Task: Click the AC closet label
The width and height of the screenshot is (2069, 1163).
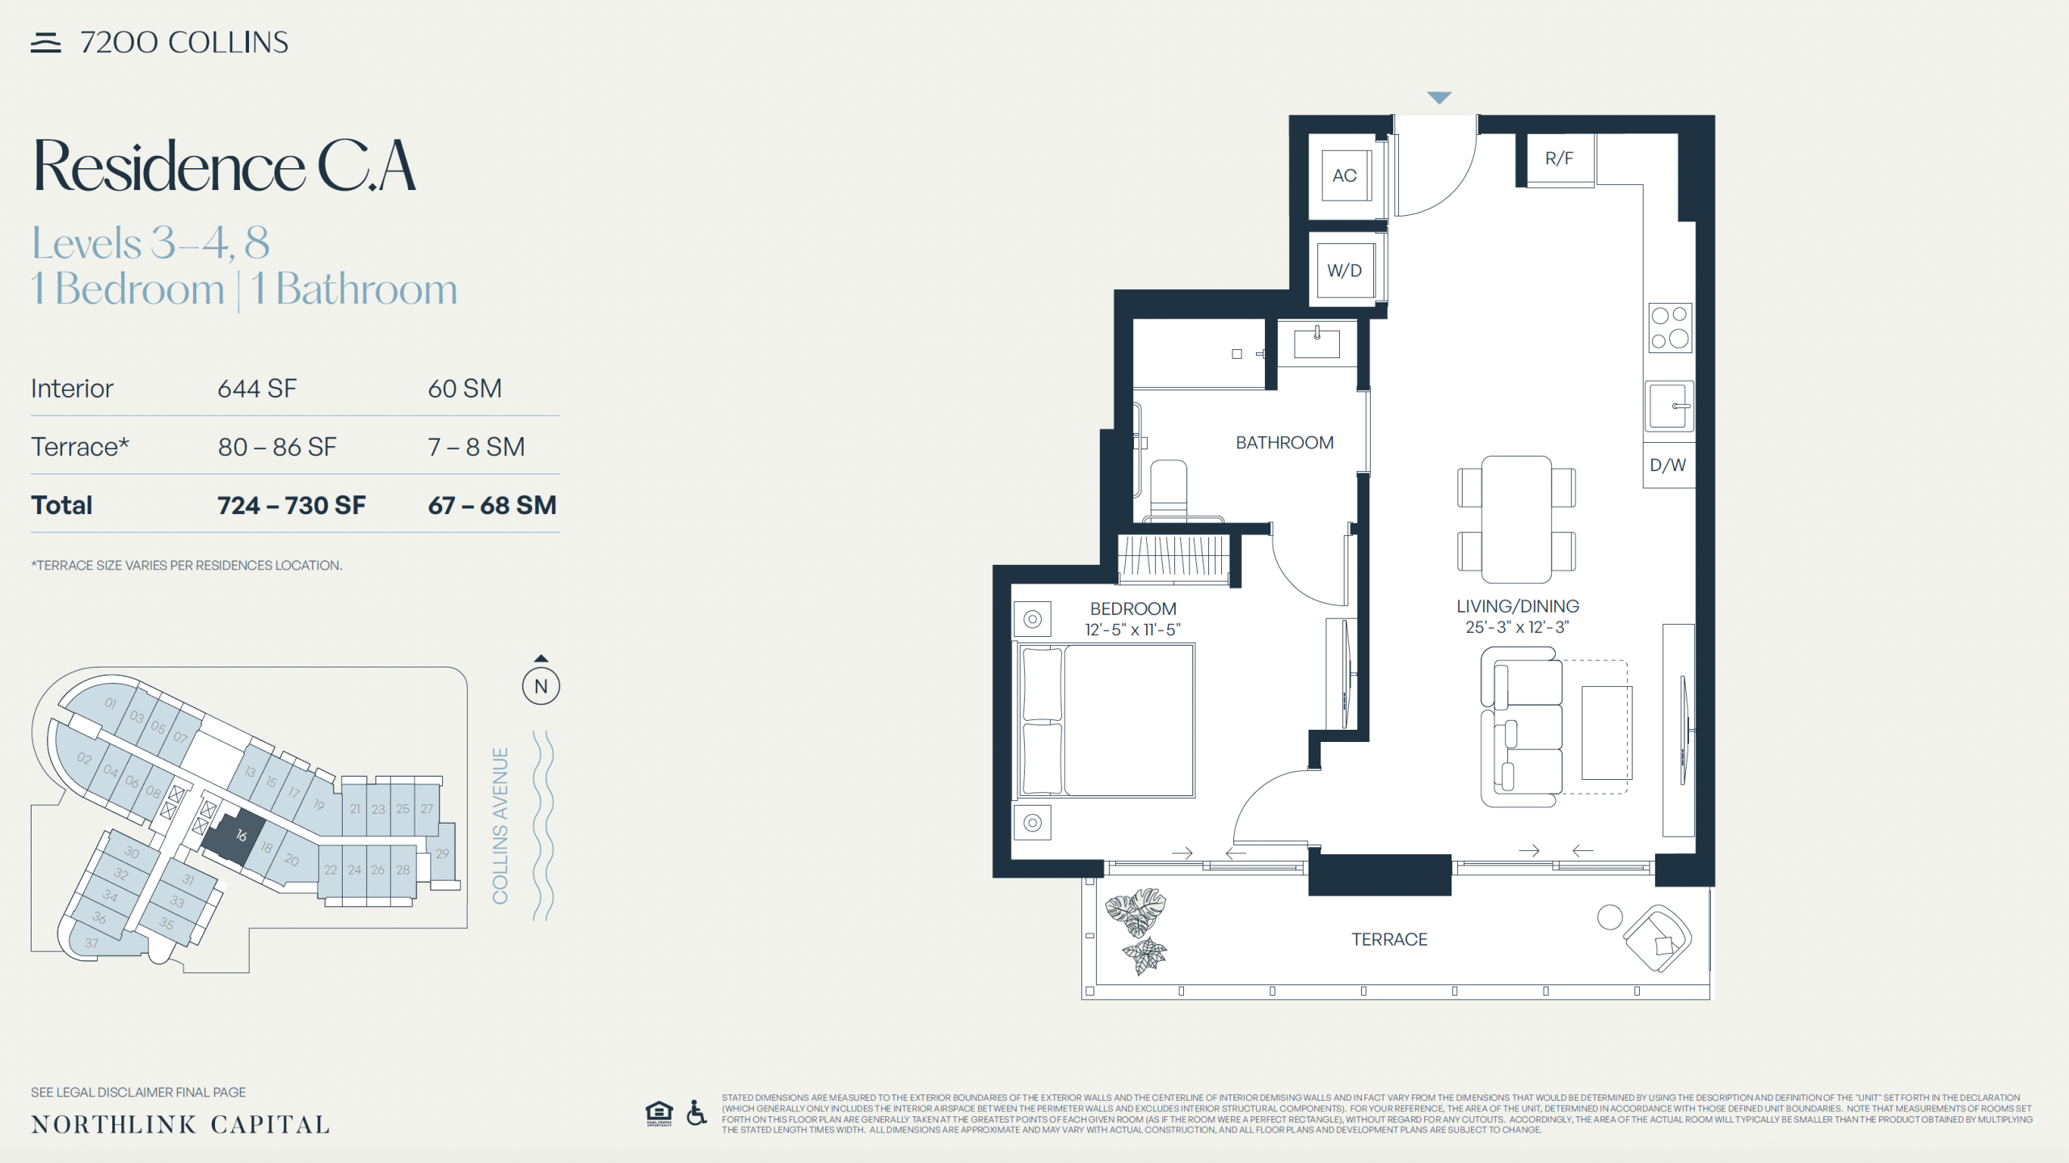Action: click(x=1344, y=175)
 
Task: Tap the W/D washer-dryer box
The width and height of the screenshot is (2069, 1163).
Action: click(x=1345, y=271)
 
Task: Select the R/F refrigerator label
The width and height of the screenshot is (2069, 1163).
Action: click(x=1559, y=158)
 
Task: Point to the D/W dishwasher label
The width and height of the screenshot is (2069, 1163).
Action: click(x=1667, y=466)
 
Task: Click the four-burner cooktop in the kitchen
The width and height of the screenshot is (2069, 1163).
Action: click(x=1670, y=327)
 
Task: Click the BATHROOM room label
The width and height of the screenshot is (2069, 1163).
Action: click(x=1284, y=443)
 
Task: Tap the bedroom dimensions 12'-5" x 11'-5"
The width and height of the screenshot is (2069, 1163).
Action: click(x=1132, y=630)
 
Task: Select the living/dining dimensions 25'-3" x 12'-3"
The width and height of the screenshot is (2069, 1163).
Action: click(x=1517, y=627)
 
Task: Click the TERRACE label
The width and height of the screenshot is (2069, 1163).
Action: click(x=1389, y=939)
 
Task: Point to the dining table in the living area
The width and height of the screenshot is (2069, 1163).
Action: click(x=1516, y=520)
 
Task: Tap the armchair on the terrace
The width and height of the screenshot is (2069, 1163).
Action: click(x=1657, y=938)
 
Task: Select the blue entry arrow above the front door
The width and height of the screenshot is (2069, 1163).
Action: click(x=1439, y=98)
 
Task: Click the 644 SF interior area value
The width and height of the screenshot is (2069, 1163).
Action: click(x=257, y=389)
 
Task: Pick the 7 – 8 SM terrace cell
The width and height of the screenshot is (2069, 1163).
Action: click(x=476, y=447)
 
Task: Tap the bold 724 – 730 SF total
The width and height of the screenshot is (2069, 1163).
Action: click(x=291, y=506)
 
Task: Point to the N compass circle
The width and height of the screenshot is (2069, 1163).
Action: click(x=541, y=686)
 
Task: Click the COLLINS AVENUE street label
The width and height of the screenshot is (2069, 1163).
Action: click(x=501, y=826)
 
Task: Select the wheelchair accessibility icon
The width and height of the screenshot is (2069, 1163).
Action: click(x=696, y=1113)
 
